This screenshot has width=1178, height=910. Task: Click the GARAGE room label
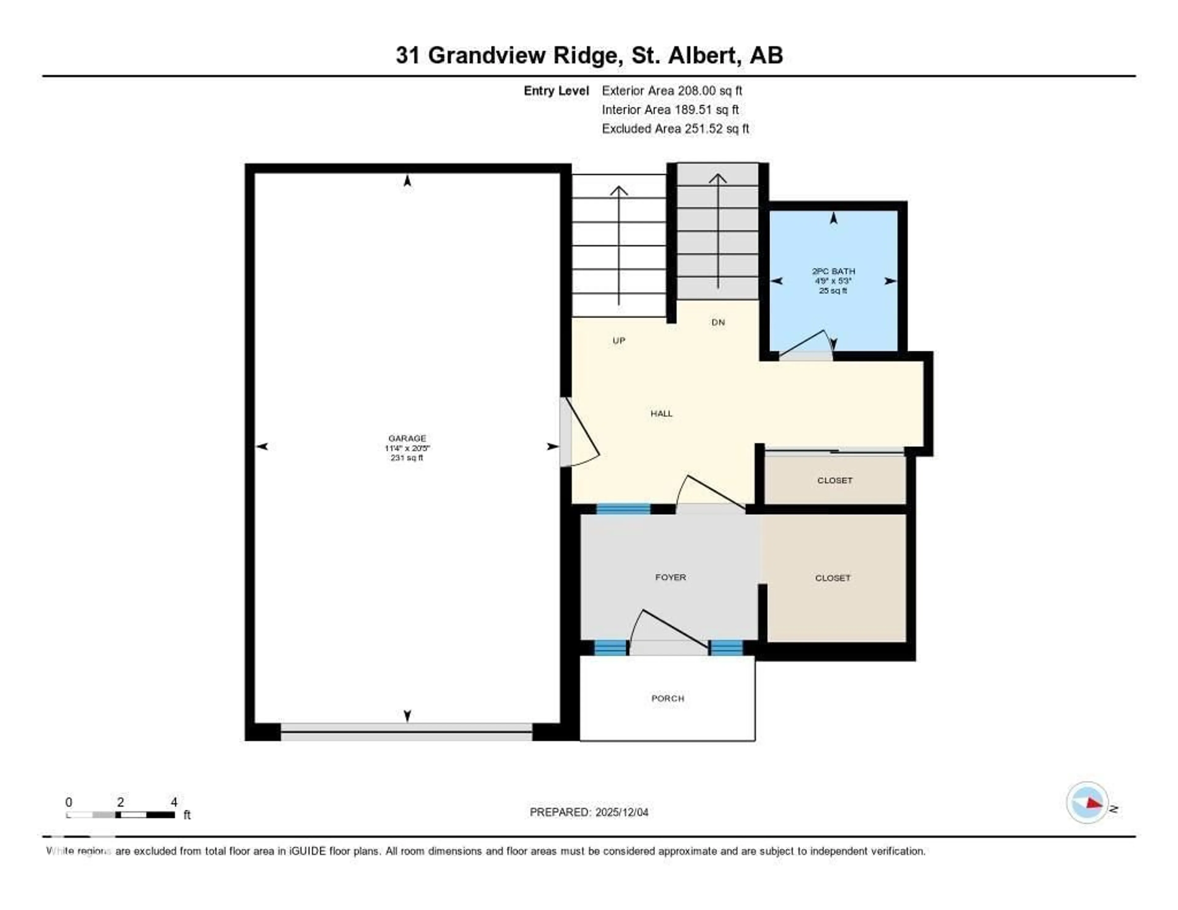[x=407, y=438]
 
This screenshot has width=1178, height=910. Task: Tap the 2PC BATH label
[x=833, y=271]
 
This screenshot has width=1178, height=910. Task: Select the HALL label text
[x=661, y=414]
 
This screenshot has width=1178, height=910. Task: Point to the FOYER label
[x=670, y=577]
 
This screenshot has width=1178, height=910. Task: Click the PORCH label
[x=668, y=699]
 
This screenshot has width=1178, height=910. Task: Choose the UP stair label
[x=619, y=340]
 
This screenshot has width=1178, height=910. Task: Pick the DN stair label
[x=718, y=322]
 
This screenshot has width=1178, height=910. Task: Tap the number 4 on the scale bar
[x=174, y=802]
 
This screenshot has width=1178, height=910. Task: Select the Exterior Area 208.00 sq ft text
[x=672, y=91]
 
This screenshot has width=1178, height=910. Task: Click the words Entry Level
[x=556, y=91]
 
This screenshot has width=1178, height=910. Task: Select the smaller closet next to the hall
[x=834, y=480]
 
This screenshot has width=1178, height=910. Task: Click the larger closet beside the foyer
[x=833, y=578]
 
